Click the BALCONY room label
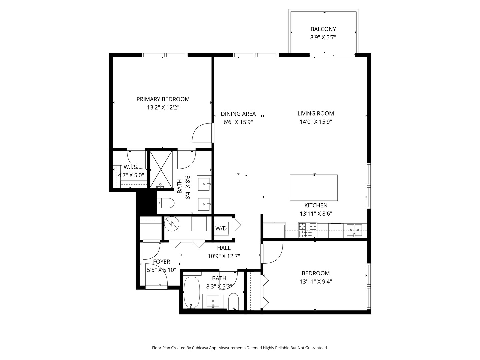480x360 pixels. (x=323, y=29)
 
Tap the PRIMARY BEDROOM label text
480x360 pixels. (x=163, y=99)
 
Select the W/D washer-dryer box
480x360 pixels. (x=221, y=228)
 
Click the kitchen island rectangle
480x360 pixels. (x=314, y=188)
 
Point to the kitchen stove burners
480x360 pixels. (x=307, y=230)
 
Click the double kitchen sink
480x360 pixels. (x=354, y=230)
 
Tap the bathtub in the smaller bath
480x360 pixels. (x=192, y=293)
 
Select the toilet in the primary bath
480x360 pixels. (x=166, y=203)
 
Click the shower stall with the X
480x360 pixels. (x=161, y=169)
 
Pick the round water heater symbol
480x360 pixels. (x=172, y=224)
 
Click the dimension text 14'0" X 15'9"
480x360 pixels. (x=316, y=122)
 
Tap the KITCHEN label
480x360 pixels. (x=316, y=205)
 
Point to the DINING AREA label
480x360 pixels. (x=238, y=114)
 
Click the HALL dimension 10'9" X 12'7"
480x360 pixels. (x=224, y=256)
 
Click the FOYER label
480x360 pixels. (x=161, y=262)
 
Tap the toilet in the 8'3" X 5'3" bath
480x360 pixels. (x=234, y=301)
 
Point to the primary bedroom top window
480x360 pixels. (x=164, y=55)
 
